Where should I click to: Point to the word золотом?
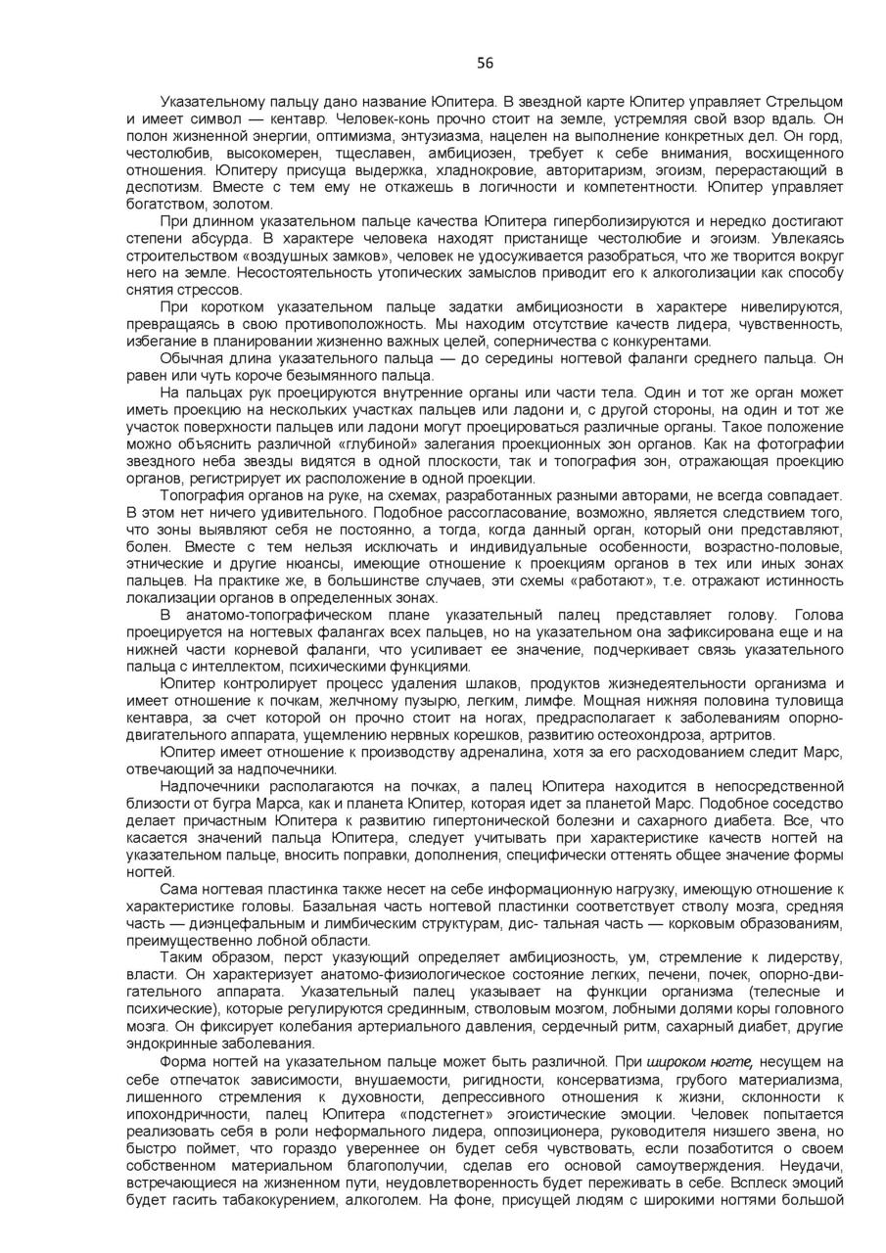pos(242,205)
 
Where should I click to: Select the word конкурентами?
pos(665,342)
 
